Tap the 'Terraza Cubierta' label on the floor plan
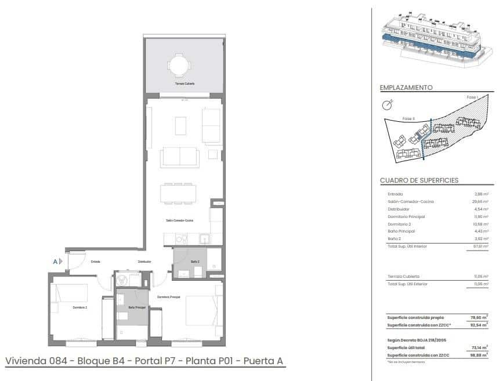(x=184, y=84)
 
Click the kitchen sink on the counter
(x=204, y=238)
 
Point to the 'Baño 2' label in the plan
(x=196, y=262)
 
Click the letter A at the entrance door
(x=56, y=262)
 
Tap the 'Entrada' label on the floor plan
(x=95, y=262)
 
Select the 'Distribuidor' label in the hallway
(x=144, y=262)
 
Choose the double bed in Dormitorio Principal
(x=202, y=310)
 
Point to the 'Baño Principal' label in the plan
(x=137, y=307)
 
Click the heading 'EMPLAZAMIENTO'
(x=406, y=88)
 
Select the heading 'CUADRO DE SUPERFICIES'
(x=419, y=180)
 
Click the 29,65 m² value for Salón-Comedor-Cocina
(x=480, y=201)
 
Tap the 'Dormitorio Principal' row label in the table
(x=406, y=216)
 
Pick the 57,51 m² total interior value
(x=480, y=246)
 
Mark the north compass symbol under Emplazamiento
(x=387, y=105)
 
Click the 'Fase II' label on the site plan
(x=408, y=118)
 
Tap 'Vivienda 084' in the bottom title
(x=35, y=361)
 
